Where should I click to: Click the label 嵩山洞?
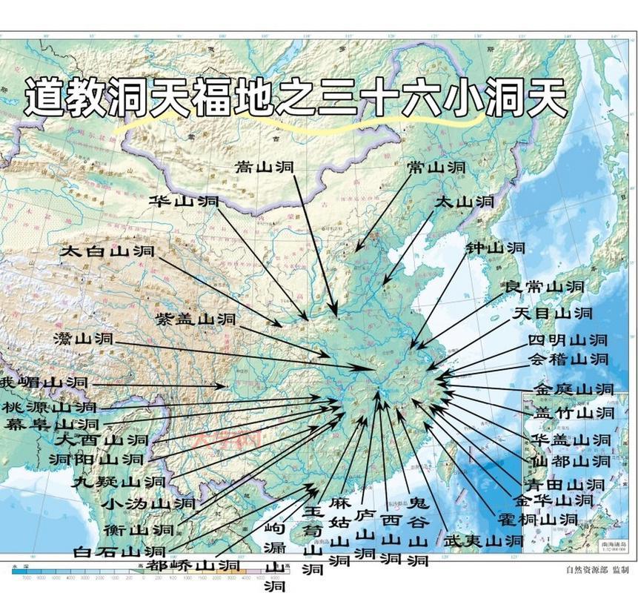tap(265, 168)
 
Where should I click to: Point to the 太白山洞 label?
tap(107, 251)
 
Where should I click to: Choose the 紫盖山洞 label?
tap(196, 319)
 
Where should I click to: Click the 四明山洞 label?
tap(568, 340)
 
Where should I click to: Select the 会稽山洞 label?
tap(568, 359)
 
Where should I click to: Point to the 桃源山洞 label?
tap(49, 407)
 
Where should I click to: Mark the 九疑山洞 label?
tap(119, 481)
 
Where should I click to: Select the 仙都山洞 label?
tap(571, 461)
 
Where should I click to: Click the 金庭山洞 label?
tap(574, 388)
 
